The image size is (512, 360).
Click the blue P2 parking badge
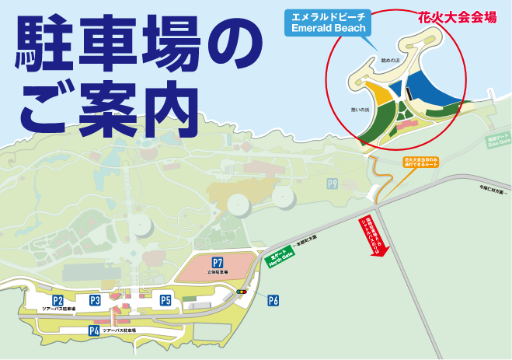coord(57,300)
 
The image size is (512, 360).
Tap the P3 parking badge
coord(95,300)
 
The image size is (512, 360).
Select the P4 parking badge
coord(94,330)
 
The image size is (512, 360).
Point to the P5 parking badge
coord(165,300)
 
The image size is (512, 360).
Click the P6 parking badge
coord(273,300)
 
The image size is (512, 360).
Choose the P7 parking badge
coord(218,263)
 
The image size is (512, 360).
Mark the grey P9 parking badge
coord(333,183)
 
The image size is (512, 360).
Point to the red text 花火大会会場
coord(457,16)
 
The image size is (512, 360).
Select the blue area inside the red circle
coord(430,89)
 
